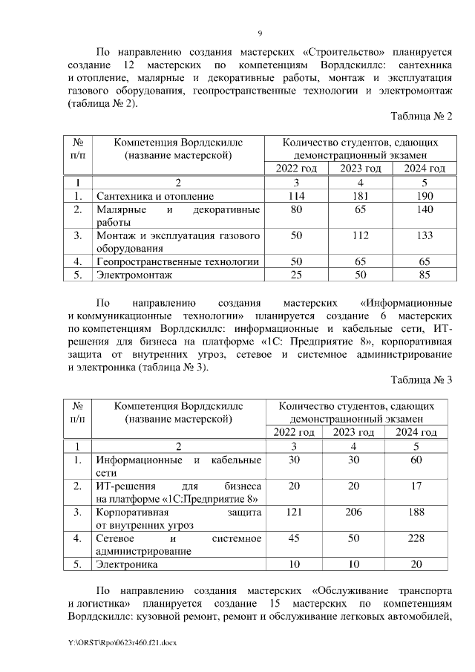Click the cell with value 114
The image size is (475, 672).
(x=296, y=196)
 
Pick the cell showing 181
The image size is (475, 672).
(x=360, y=196)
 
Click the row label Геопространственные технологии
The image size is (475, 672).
(x=177, y=261)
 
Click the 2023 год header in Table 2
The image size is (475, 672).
(x=360, y=169)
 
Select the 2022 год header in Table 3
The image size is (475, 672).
(x=295, y=432)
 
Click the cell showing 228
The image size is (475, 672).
(x=422, y=538)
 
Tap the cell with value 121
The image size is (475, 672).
(x=295, y=512)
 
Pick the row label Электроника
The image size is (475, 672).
(x=127, y=564)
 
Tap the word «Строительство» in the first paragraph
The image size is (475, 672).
(x=349, y=53)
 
